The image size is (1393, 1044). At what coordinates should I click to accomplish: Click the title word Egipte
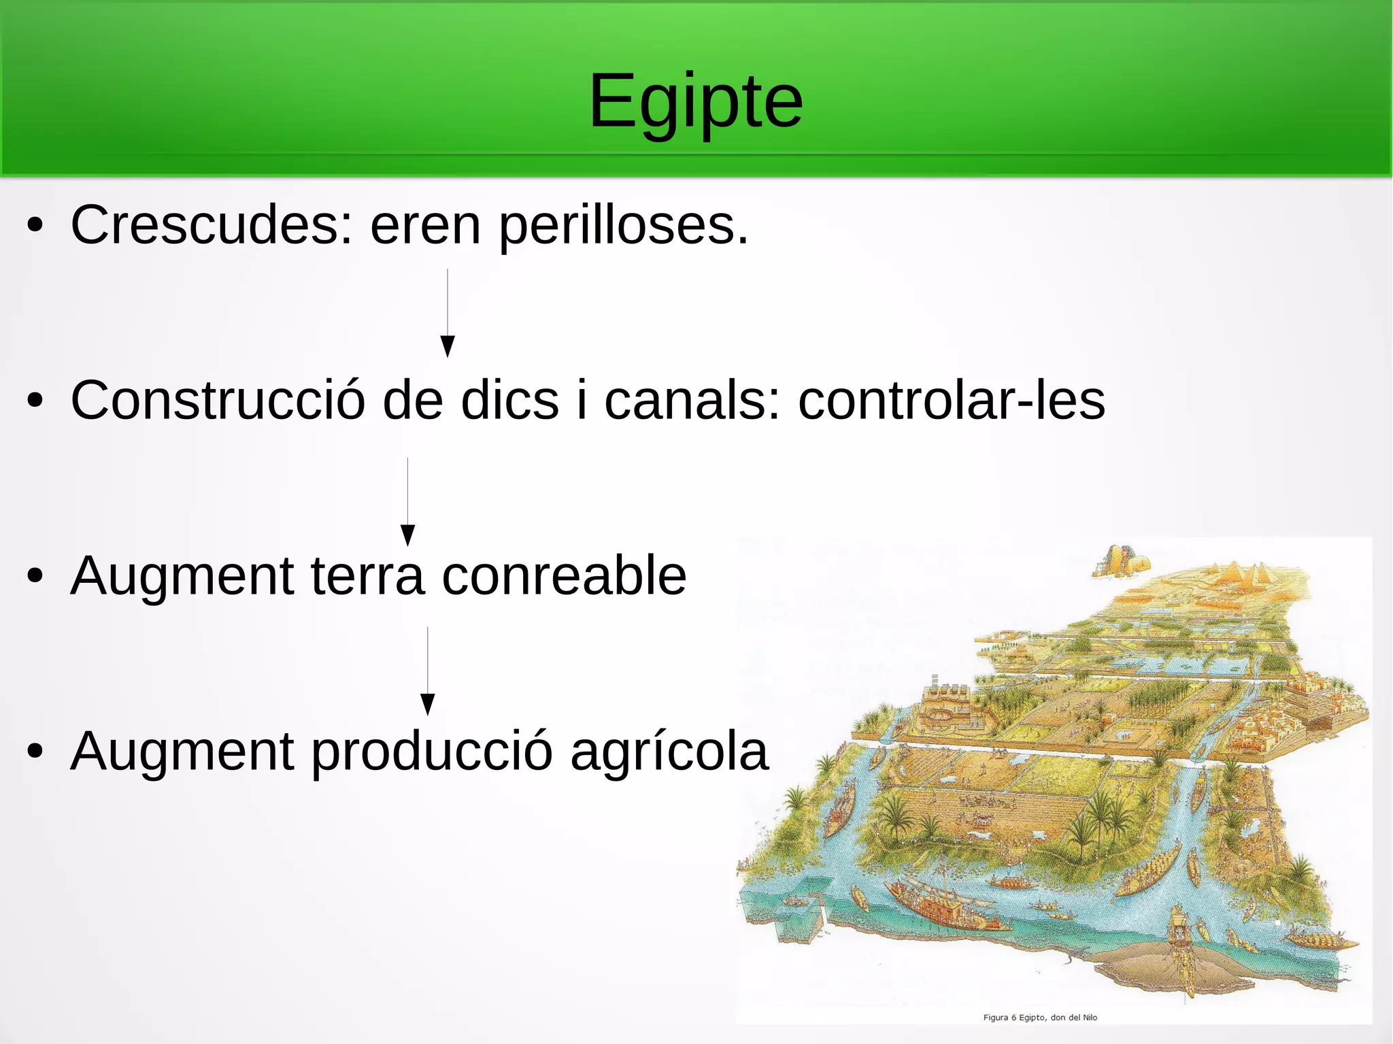695,102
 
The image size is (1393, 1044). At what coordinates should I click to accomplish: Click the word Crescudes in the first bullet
212,225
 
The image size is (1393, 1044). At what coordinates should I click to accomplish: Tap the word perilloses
623,226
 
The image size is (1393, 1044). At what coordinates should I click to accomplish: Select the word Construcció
218,401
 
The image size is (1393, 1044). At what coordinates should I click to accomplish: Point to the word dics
510,401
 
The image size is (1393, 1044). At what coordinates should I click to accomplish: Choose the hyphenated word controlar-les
951,401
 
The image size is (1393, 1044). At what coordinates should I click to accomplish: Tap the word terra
368,576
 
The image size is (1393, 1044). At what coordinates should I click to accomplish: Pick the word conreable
564,576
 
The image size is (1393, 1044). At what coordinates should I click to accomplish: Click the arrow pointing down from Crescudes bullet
448,313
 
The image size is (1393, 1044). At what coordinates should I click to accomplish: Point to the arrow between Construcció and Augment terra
408,502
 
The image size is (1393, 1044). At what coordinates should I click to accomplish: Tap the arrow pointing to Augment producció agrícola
428,671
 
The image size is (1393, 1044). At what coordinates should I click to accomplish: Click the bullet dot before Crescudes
35,226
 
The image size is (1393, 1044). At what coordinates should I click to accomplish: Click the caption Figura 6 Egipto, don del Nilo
1040,1017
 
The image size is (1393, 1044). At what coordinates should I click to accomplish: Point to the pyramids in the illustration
1245,575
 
